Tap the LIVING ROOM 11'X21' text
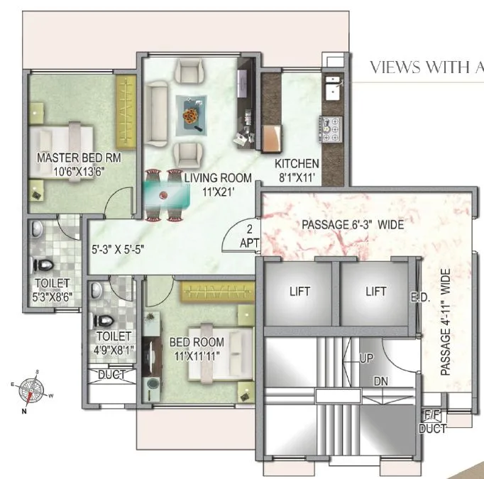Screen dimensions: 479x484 click(x=209, y=182)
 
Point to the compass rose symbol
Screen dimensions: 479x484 click(x=31, y=390)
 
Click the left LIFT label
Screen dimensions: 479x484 click(x=299, y=291)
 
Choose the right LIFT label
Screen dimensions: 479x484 click(x=375, y=291)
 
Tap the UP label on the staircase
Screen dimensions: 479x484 click(x=366, y=359)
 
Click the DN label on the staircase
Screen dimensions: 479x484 click(x=381, y=381)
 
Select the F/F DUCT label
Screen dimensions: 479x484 click(x=433, y=423)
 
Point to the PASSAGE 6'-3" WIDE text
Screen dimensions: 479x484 click(x=353, y=225)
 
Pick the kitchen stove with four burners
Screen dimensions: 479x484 click(x=331, y=129)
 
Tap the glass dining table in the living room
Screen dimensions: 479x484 click(x=162, y=193)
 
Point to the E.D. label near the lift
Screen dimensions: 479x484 click(x=420, y=298)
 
